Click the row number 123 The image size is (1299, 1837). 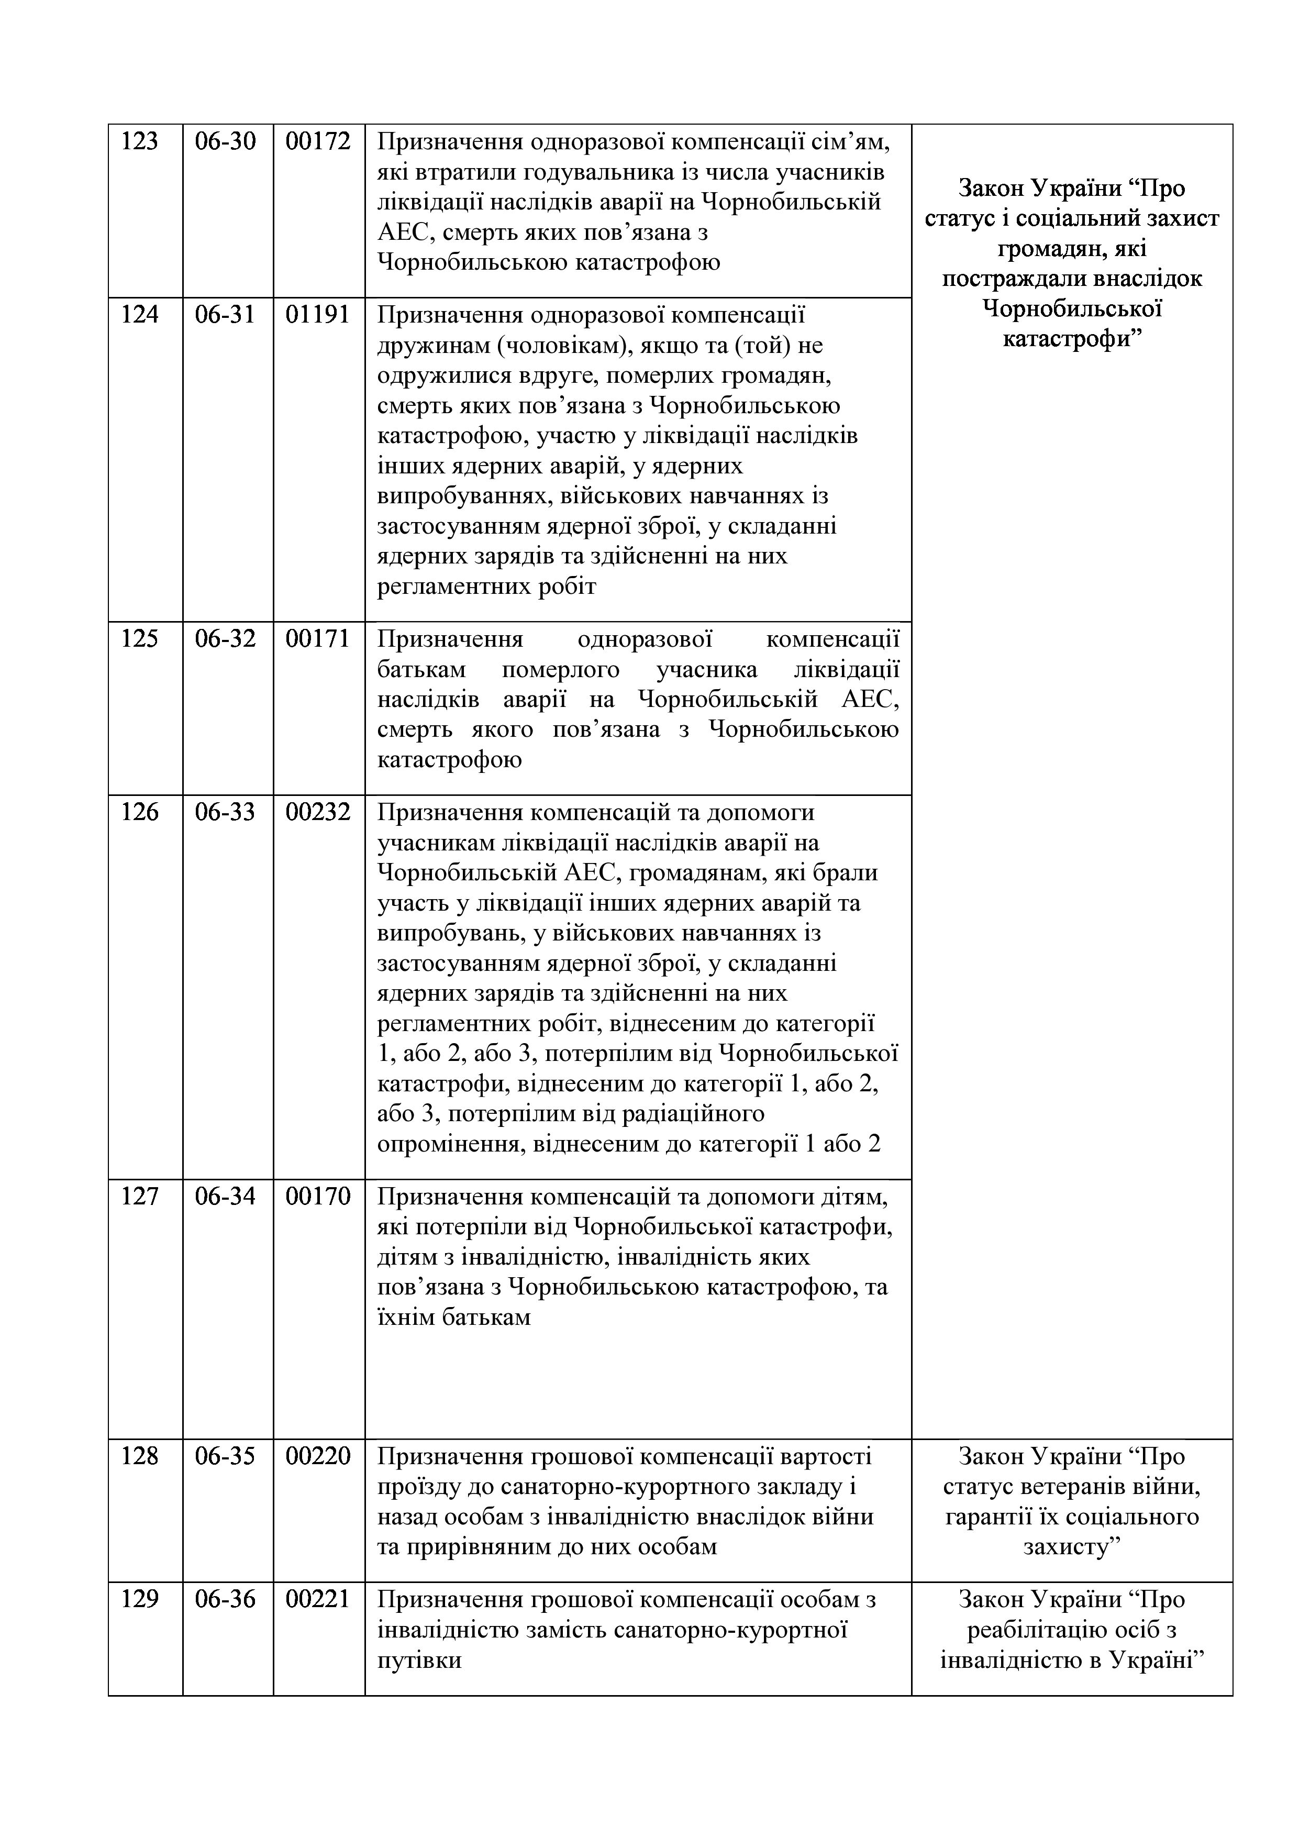point(140,141)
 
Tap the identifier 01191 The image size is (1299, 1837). point(318,314)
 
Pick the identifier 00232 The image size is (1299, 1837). point(318,812)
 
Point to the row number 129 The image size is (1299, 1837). point(140,1599)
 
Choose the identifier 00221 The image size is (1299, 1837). point(318,1599)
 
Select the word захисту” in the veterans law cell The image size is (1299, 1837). point(1072,1547)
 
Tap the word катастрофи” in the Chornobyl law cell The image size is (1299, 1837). point(1072,340)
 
